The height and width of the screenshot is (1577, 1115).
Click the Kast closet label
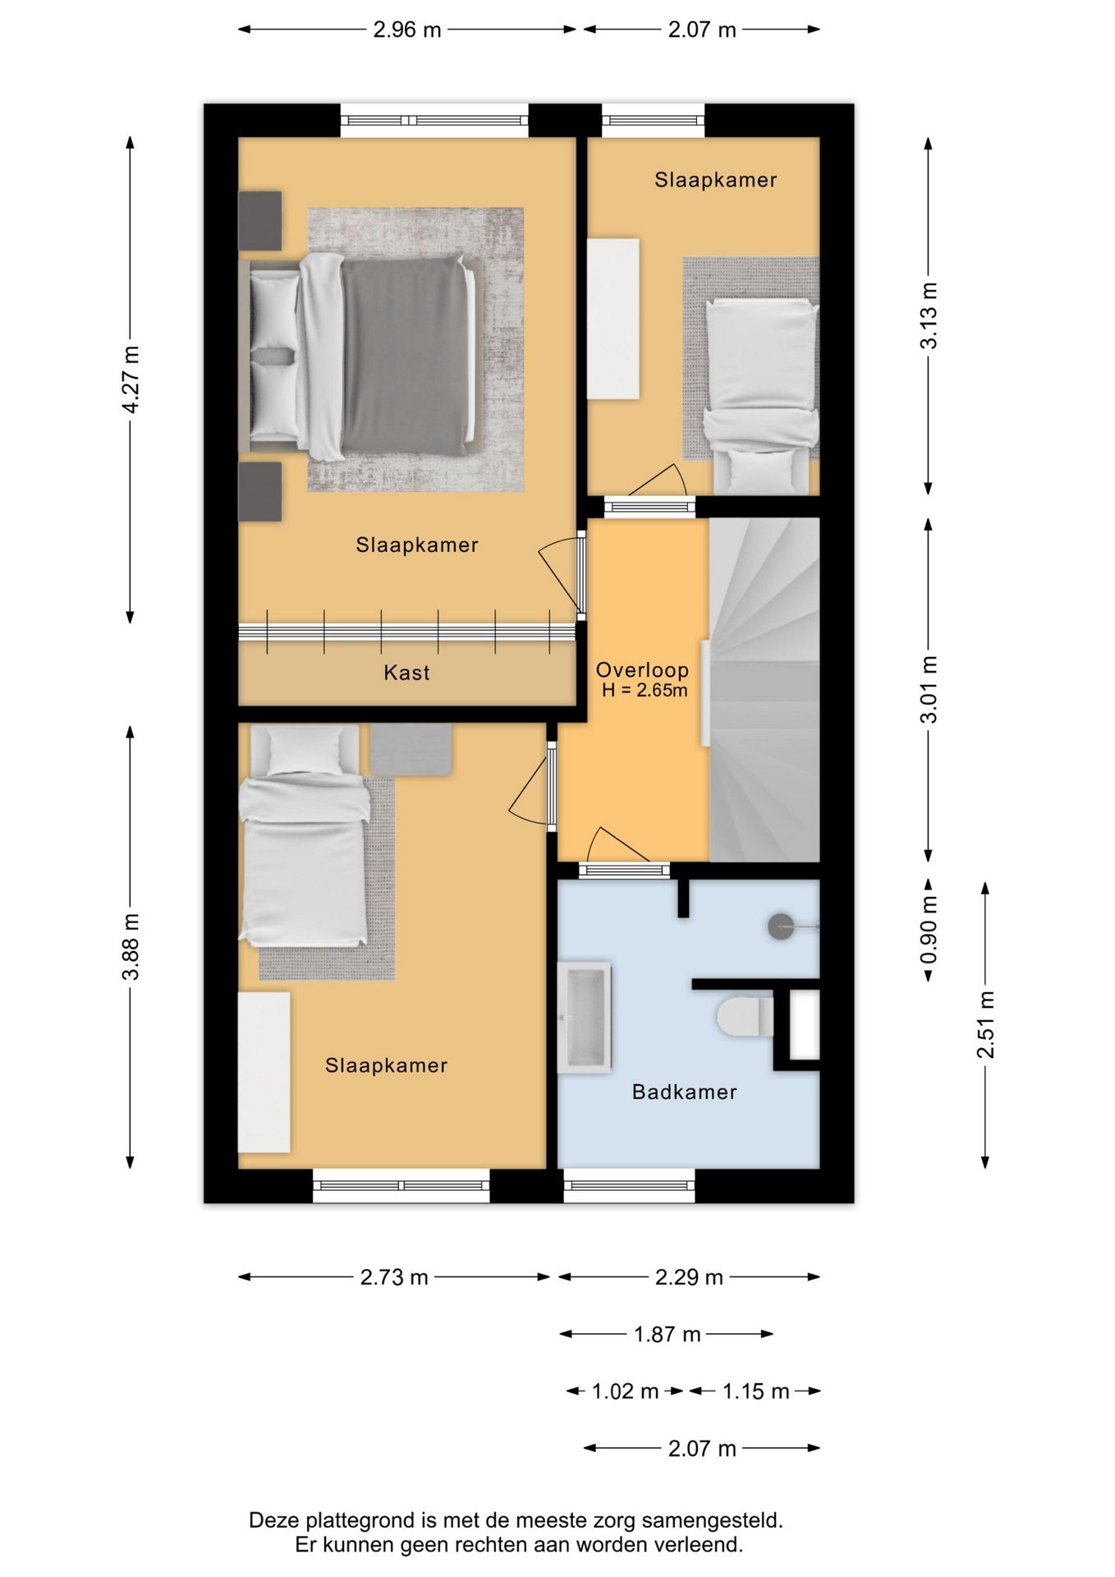coord(406,673)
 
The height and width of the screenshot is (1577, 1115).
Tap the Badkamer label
coord(684,1092)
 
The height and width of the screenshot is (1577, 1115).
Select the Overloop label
coord(642,670)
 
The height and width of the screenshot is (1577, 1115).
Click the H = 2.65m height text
coord(645,690)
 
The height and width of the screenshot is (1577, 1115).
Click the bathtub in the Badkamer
coord(584,1018)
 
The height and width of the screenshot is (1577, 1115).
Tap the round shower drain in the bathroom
coord(781,926)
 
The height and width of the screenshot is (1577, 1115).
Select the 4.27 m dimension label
coord(131,379)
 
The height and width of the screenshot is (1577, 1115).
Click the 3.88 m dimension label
coord(131,946)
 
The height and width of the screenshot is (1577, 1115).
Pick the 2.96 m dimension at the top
coord(407,30)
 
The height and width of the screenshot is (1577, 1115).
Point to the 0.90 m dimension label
coord(929,930)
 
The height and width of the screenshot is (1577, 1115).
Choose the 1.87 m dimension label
coord(667,1334)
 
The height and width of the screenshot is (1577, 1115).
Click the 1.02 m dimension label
coord(625,1391)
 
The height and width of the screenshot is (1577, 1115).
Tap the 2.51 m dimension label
coord(985,1024)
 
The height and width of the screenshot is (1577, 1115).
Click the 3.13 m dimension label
coord(929,316)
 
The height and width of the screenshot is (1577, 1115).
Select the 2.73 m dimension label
coord(394,1277)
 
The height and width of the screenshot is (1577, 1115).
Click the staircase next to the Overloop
coord(764,689)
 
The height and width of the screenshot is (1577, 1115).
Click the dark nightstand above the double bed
coord(260,221)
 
